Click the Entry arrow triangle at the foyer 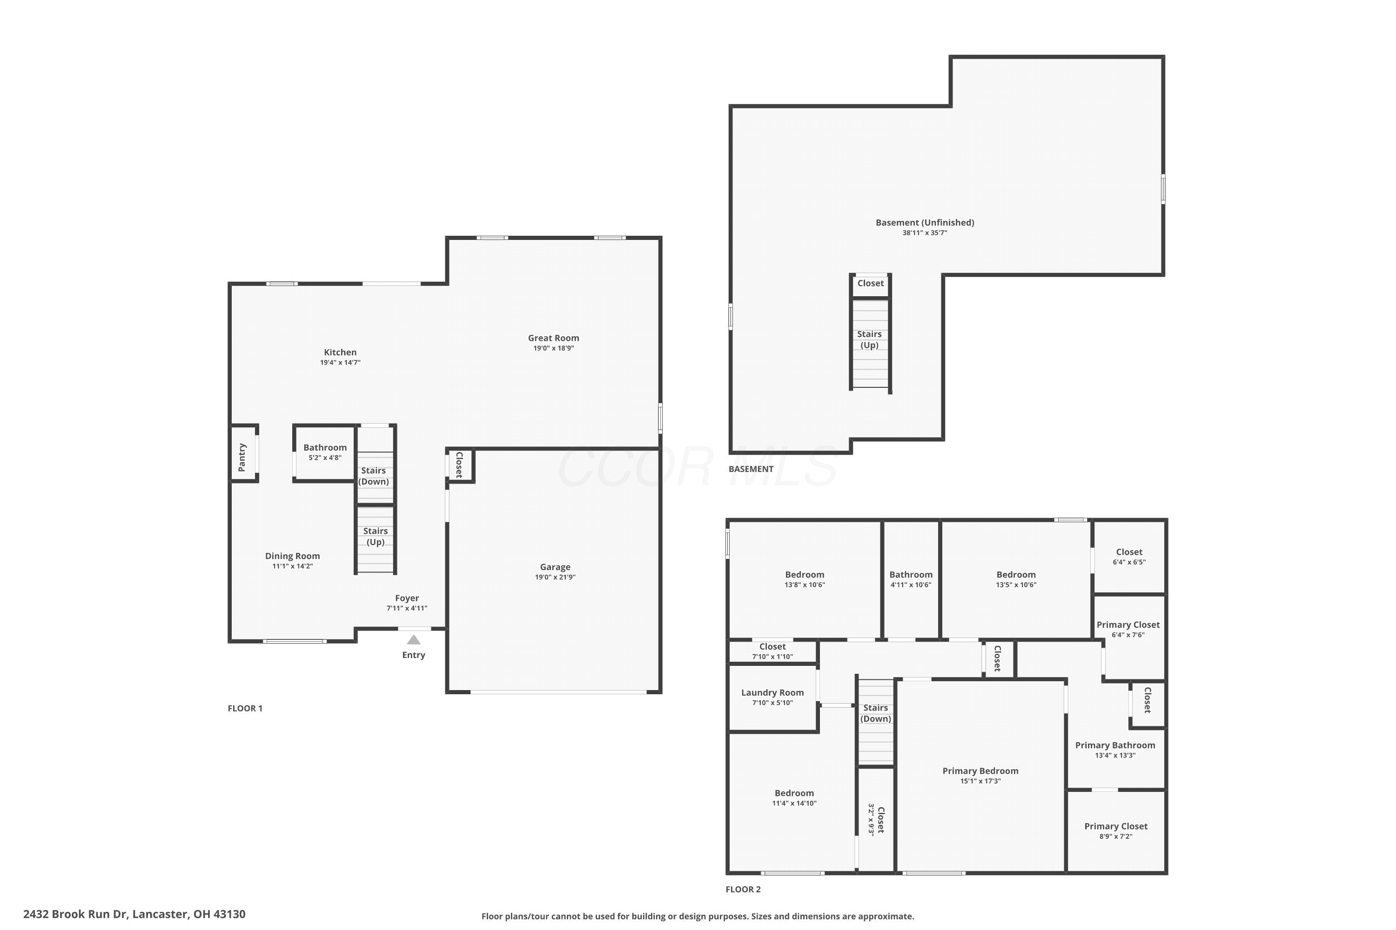tap(414, 640)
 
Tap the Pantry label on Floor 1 tap(242, 457)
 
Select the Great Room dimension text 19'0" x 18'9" tap(553, 348)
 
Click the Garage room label tap(555, 567)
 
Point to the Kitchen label tap(340, 352)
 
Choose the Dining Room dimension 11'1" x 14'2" tap(293, 566)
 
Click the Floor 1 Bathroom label tap(325, 448)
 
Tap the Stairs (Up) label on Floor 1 tap(375, 536)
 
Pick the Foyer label tap(407, 598)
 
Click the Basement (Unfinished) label tap(925, 222)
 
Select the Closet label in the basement tap(871, 284)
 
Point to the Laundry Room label tap(772, 693)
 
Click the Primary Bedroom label tap(980, 771)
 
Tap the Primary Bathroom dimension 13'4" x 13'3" tap(1115, 756)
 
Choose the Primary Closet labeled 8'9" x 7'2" tap(1116, 826)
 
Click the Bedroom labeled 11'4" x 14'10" tap(794, 793)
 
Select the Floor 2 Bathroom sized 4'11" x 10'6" tap(911, 575)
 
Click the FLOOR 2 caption tap(743, 889)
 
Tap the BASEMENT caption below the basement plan tap(751, 469)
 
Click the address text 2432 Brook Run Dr tap(75, 914)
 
